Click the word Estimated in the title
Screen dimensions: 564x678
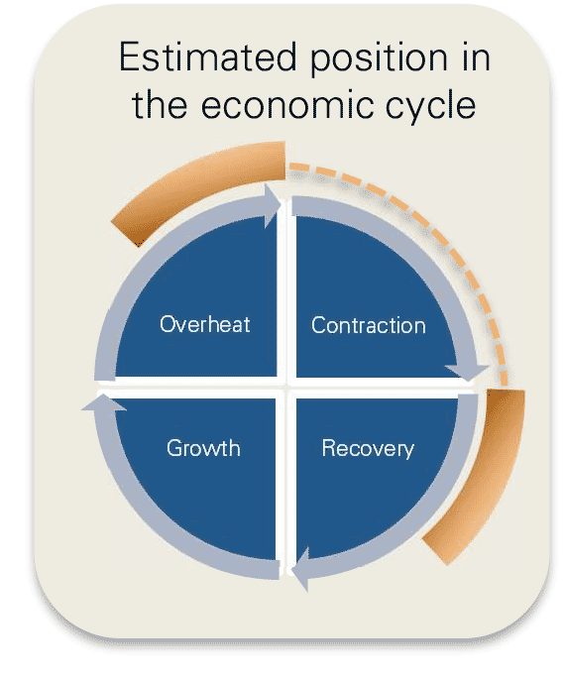coord(207,56)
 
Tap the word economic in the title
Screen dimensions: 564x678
coord(286,105)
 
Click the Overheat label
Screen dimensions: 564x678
coord(204,324)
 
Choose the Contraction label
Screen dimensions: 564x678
coord(369,325)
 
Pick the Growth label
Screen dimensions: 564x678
coord(203,448)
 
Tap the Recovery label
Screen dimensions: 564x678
coord(368,448)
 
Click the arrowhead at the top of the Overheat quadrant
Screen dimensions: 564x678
coord(273,205)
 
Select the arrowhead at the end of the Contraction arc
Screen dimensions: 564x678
coord(467,373)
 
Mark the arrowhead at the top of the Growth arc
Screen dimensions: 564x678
coord(103,402)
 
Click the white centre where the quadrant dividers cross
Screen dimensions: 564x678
coord(285,384)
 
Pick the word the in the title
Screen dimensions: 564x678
coord(160,104)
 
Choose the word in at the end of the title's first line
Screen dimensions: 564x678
coord(476,56)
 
